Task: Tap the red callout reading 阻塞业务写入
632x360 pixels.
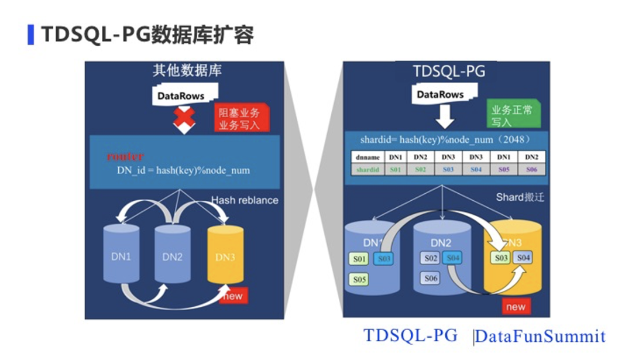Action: [239, 118]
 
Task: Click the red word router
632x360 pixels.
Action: [125, 156]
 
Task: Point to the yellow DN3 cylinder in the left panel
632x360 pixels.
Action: [225, 256]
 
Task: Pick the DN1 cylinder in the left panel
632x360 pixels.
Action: [121, 256]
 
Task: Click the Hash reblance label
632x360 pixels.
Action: [245, 200]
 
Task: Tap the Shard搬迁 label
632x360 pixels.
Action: [520, 197]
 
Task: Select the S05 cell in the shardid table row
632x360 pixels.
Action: [503, 169]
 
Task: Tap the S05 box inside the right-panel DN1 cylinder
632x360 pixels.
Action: [360, 279]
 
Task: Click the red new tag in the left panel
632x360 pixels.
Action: [233, 296]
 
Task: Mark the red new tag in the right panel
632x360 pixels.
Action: [516, 307]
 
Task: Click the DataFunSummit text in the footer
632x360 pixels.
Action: [540, 337]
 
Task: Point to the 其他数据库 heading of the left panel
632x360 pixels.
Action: [187, 71]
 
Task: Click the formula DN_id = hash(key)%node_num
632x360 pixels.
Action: [183, 170]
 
